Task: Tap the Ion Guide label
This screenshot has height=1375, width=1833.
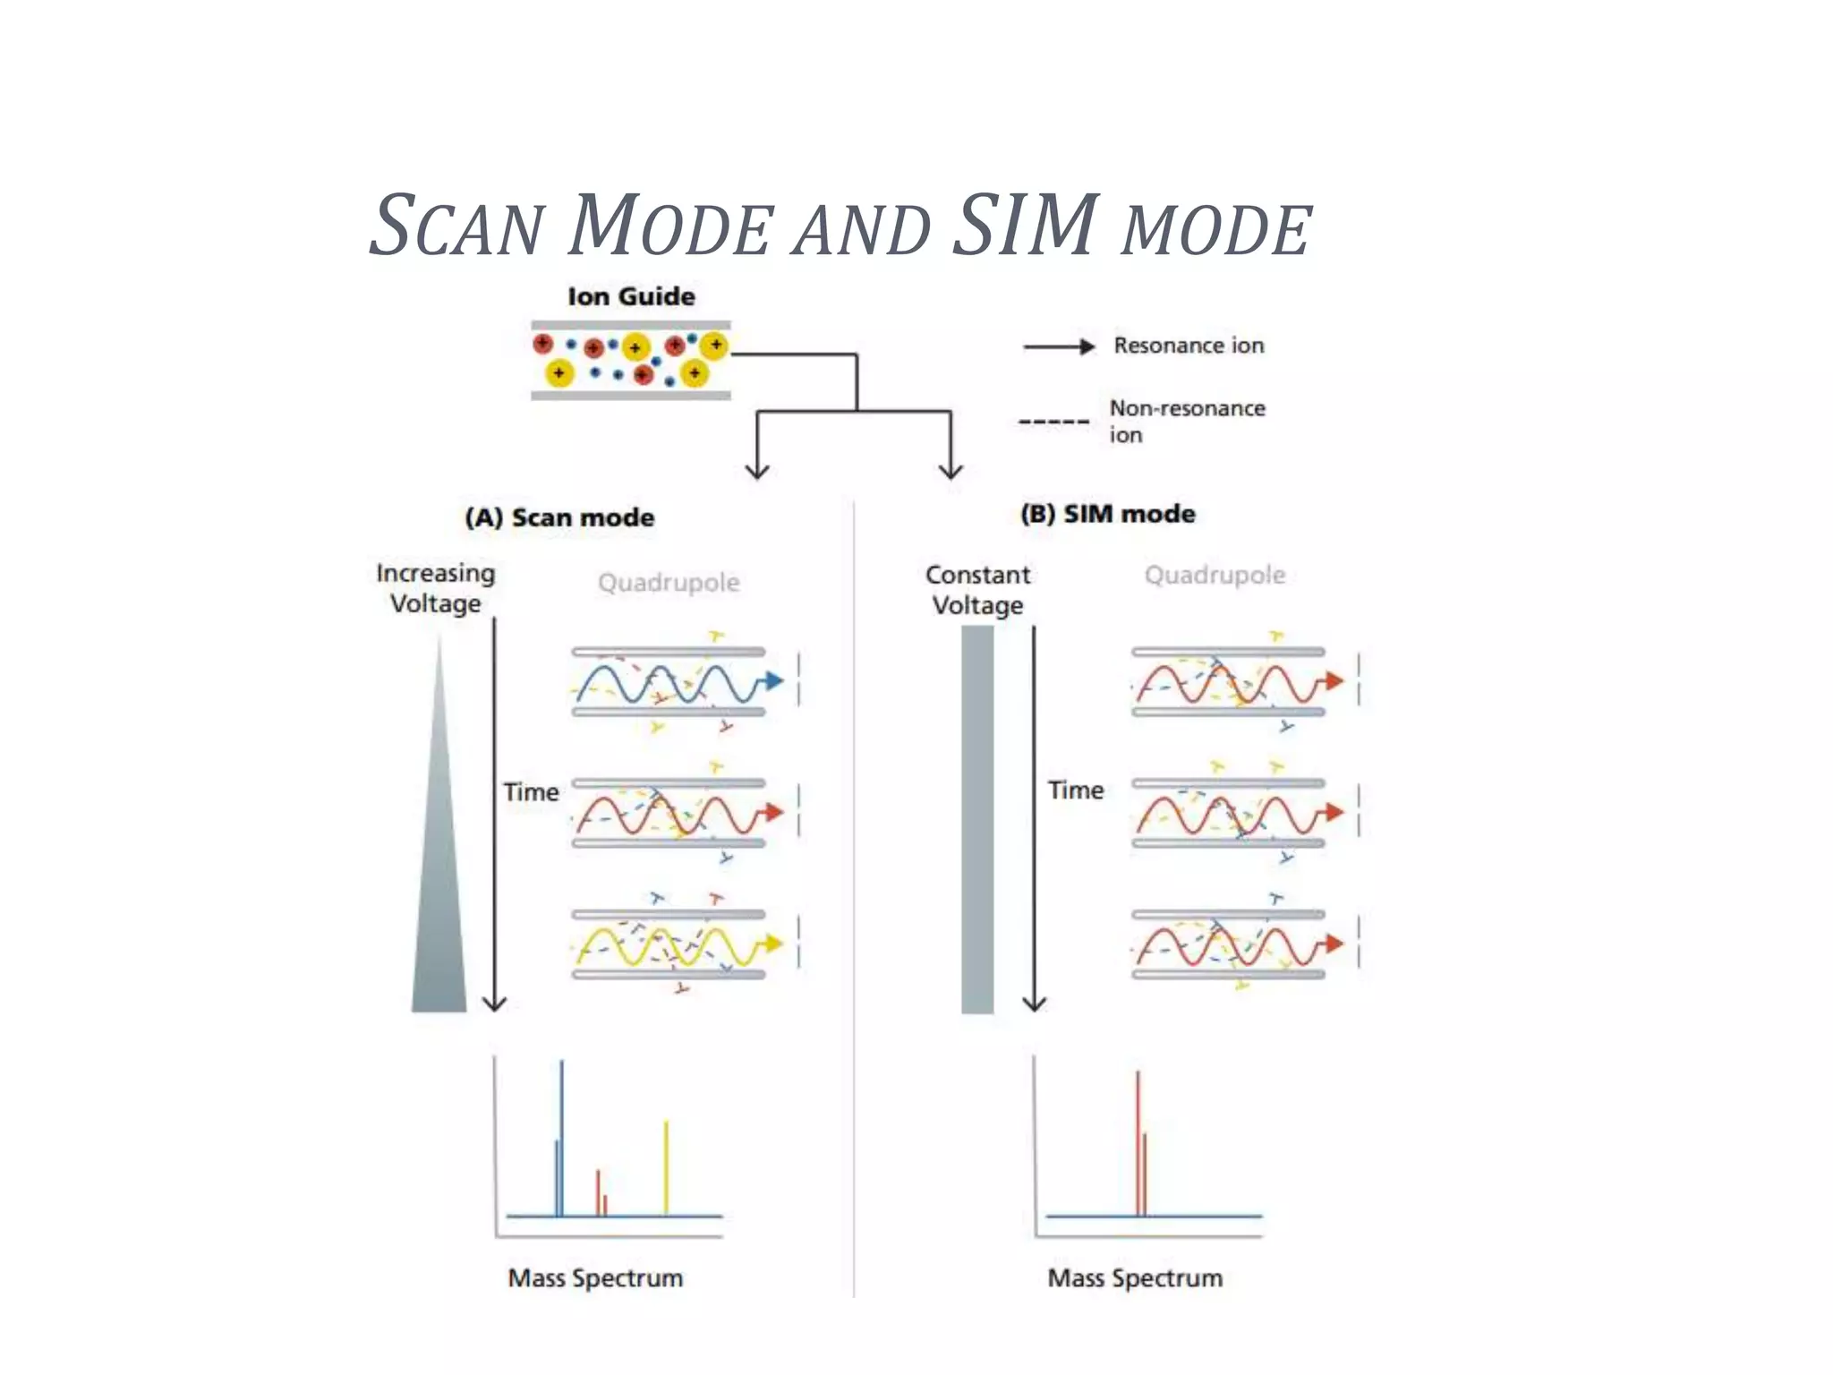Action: (x=631, y=296)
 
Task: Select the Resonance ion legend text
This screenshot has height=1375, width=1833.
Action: (x=1189, y=346)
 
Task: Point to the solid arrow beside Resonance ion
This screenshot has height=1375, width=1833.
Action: (x=1059, y=346)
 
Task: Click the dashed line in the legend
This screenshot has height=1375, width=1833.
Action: (x=1053, y=421)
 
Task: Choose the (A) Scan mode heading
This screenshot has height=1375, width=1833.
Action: (x=559, y=517)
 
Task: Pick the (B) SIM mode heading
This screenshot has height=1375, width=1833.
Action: (x=1107, y=514)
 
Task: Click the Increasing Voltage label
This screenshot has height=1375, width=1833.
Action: (x=436, y=588)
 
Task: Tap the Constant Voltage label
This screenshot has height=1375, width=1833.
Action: (x=977, y=590)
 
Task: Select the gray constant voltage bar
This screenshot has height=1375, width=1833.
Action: (x=977, y=819)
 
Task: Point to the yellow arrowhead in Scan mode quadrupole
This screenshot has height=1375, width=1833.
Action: (x=773, y=944)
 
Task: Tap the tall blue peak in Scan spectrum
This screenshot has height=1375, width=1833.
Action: (x=561, y=1137)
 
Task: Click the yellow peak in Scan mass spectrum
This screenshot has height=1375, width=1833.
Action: (x=666, y=1168)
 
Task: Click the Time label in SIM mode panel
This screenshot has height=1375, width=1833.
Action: (x=1076, y=790)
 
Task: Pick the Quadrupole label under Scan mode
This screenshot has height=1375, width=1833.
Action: (x=669, y=583)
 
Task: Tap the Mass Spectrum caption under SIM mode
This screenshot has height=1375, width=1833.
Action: (x=1135, y=1277)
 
